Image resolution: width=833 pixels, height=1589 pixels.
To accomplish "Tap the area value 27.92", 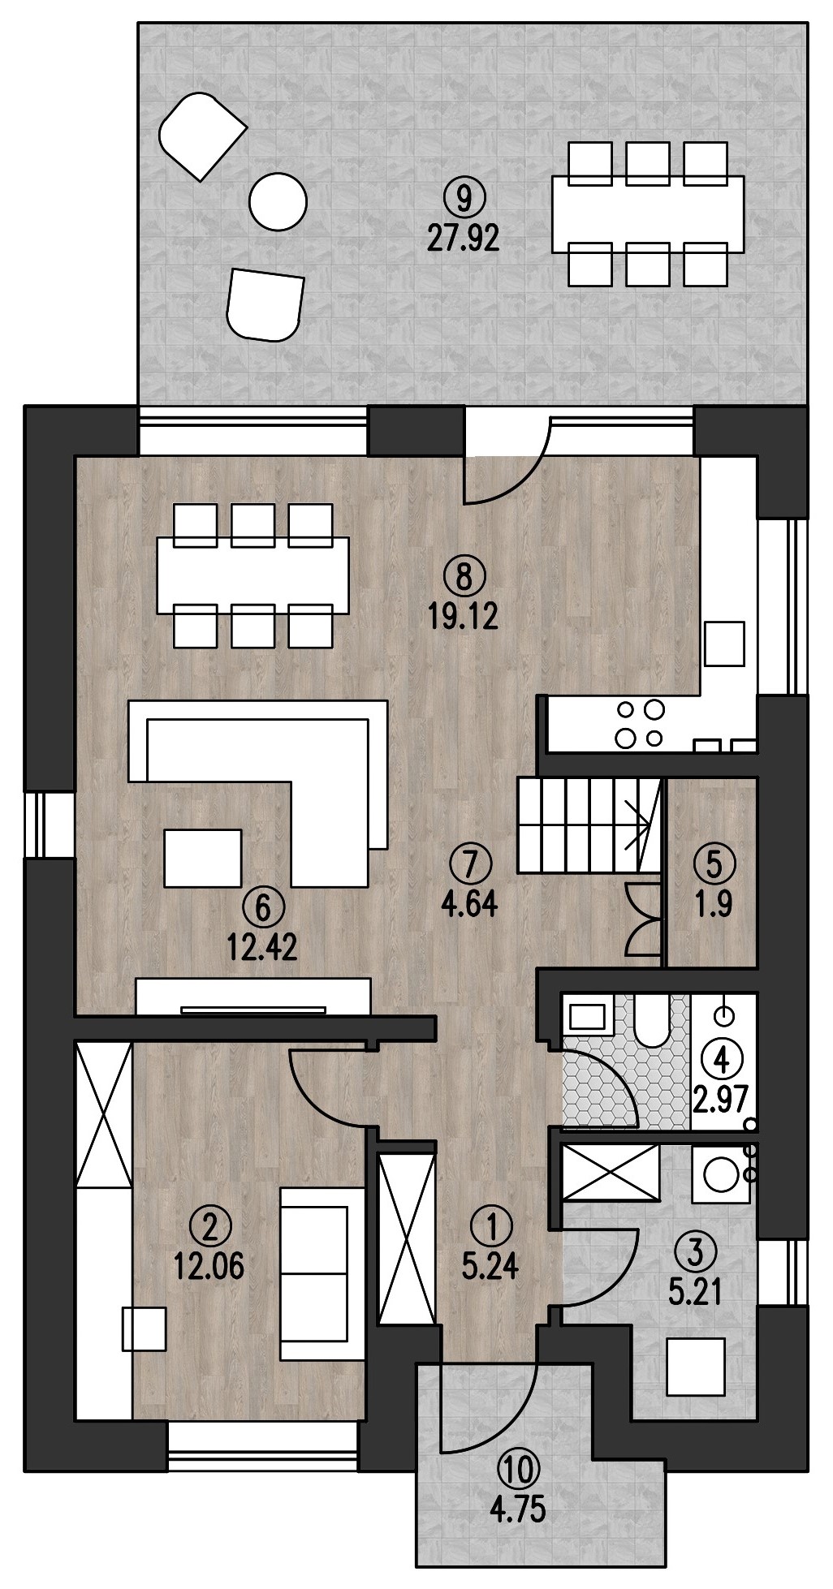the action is (x=462, y=239).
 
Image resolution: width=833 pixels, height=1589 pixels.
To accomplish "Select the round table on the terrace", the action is (x=278, y=202).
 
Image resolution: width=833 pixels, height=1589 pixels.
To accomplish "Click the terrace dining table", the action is (x=648, y=214).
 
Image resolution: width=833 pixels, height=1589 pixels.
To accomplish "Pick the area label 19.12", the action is (x=464, y=618).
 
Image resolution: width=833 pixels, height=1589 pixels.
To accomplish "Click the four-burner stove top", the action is (x=641, y=723).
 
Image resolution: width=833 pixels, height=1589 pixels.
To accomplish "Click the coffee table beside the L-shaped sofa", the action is (x=203, y=858).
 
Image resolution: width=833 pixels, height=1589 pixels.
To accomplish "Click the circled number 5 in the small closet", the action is (x=714, y=863).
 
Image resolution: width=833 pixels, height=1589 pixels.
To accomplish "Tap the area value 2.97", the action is (x=720, y=1100).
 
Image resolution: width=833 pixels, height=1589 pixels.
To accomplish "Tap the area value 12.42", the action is (x=262, y=947).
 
